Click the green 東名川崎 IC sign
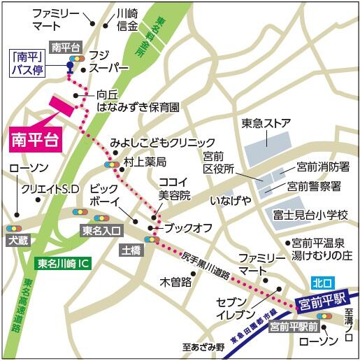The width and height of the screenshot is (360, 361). pos(63,264)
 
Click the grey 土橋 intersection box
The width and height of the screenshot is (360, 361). pos(131,248)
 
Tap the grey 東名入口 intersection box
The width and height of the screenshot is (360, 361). pos(101,229)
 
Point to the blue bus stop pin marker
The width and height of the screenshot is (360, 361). pos(69,68)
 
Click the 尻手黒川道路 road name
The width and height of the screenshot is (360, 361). pos(207,265)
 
